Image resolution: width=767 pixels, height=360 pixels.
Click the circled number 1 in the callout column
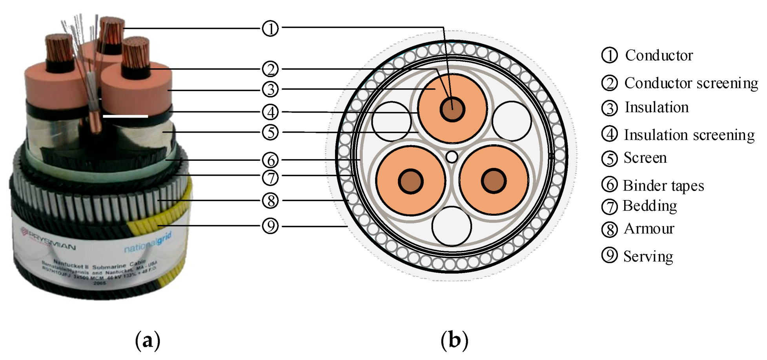[270, 28]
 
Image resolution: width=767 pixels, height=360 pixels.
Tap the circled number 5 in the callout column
[270, 132]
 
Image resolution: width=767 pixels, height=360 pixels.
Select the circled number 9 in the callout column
[270, 226]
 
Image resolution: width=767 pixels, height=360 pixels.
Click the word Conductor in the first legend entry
[659, 55]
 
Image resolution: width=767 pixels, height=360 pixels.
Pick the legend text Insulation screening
[689, 135]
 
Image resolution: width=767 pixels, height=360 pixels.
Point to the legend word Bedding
[650, 205]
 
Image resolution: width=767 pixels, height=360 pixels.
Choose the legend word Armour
[649, 228]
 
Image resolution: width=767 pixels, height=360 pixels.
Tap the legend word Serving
[648, 256]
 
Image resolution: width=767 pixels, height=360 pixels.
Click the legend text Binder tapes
[663, 185]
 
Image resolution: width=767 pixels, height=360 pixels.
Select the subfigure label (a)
[148, 340]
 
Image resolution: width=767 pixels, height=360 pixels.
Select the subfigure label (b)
[454, 340]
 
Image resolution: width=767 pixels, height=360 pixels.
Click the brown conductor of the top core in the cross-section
[452, 109]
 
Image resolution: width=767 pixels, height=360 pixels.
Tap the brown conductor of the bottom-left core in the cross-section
[410, 181]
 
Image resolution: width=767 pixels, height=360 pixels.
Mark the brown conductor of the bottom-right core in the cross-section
[494, 181]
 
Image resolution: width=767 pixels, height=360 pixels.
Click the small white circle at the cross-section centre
[452, 157]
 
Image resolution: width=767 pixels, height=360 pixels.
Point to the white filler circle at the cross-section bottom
[452, 226]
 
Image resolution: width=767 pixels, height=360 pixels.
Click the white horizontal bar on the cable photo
[125, 116]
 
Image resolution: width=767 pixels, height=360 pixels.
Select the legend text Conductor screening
[691, 83]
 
